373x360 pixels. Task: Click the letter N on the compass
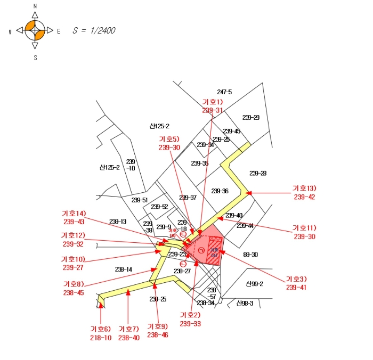35,6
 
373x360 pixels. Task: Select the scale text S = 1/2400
94,31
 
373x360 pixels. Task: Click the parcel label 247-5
224,92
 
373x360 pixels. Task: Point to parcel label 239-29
250,117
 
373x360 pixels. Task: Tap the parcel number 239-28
258,173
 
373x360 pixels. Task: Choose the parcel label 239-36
220,191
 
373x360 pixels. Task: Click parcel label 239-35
199,163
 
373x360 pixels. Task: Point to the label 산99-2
255,283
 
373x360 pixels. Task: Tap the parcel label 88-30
250,255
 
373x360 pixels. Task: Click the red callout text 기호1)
213,102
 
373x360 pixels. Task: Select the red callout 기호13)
304,188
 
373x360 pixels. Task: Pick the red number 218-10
100,338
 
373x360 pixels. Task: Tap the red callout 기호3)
296,279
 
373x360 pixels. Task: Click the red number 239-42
304,197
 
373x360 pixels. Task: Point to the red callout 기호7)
129,329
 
